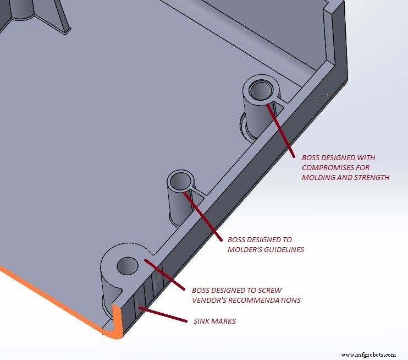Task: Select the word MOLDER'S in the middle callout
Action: click(x=245, y=250)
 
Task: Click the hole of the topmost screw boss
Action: click(x=260, y=89)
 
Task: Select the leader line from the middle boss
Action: click(x=206, y=216)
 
